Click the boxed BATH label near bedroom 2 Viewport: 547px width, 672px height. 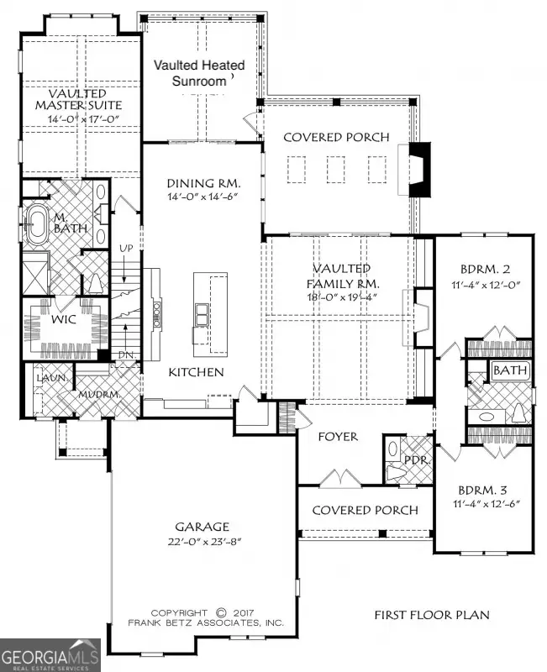point(509,370)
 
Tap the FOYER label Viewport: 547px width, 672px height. point(338,437)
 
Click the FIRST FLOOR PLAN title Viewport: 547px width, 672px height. point(432,616)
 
